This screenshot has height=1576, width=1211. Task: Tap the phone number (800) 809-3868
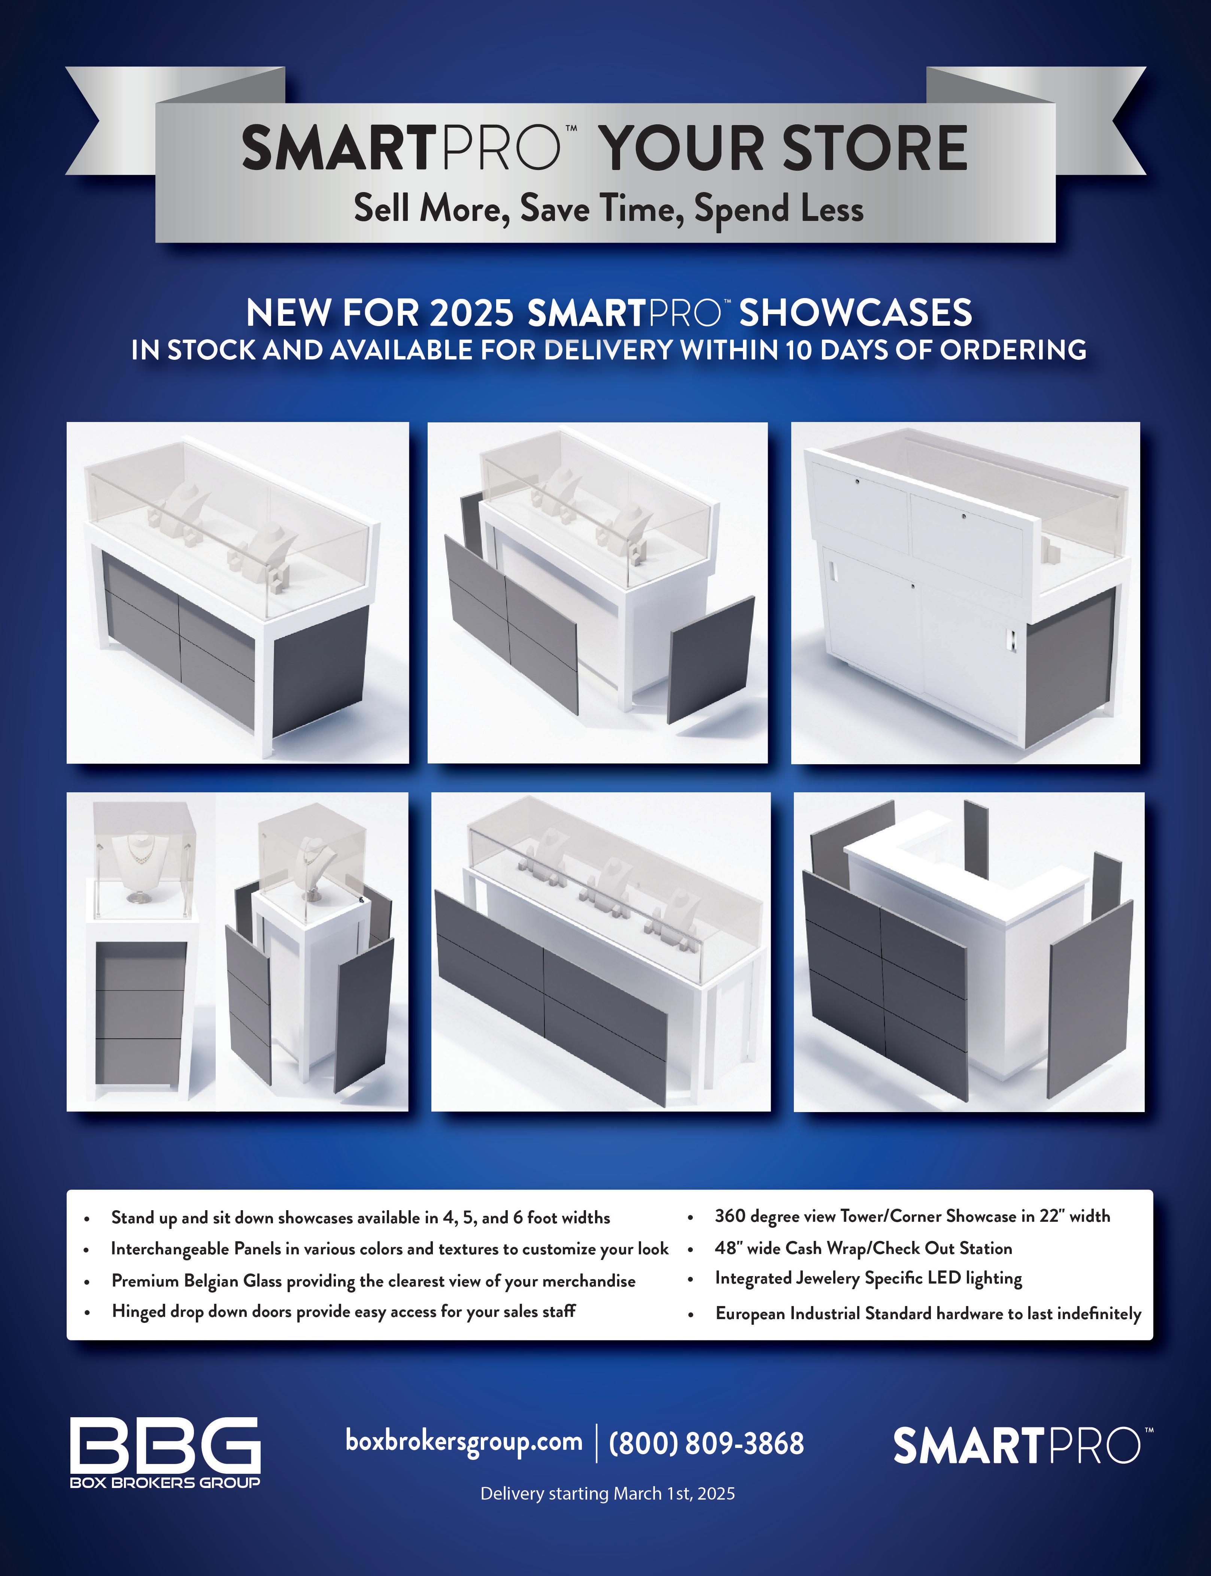click(706, 1443)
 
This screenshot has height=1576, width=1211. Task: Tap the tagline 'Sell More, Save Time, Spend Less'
click(608, 209)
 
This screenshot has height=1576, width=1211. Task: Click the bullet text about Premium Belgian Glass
click(373, 1281)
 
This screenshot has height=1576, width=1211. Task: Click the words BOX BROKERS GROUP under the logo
click(165, 1482)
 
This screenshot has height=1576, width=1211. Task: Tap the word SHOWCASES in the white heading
click(856, 313)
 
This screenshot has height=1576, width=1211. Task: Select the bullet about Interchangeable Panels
click(390, 1249)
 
